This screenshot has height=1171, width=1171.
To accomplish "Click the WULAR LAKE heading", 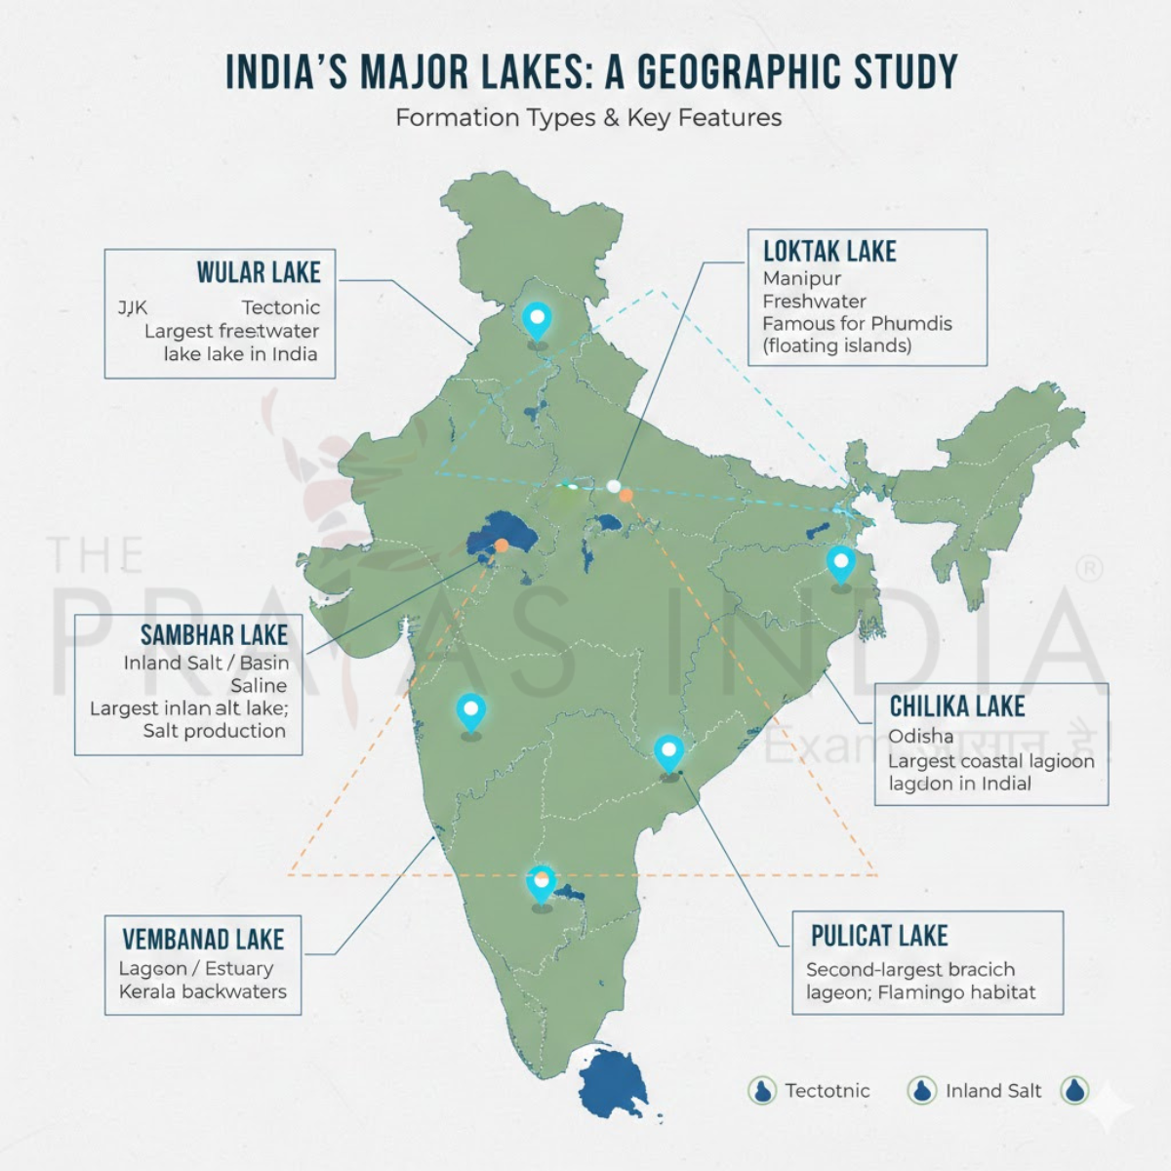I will click(259, 272).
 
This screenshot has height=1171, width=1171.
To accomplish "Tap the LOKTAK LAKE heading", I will click(829, 252).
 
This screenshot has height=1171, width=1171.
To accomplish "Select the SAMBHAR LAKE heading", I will click(214, 635).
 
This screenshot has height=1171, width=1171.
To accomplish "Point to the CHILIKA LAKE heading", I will click(956, 707).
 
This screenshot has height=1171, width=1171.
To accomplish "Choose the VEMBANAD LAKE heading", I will click(203, 940).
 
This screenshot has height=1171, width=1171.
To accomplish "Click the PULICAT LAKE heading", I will click(879, 936).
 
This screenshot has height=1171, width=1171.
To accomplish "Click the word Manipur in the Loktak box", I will click(802, 278).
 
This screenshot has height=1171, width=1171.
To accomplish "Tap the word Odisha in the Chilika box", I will click(920, 736).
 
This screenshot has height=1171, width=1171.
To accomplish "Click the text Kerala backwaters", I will click(203, 991).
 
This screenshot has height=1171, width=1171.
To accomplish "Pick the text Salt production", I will click(215, 731).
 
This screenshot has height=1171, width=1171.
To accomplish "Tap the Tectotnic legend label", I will click(827, 1091).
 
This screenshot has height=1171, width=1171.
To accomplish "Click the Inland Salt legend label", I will click(992, 1091).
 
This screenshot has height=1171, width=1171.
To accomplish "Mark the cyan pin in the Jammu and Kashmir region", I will click(537, 319).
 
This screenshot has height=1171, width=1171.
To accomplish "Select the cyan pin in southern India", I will click(541, 883).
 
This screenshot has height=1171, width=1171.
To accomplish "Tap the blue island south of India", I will click(614, 1083).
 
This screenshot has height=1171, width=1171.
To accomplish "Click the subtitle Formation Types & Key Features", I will click(588, 118).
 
